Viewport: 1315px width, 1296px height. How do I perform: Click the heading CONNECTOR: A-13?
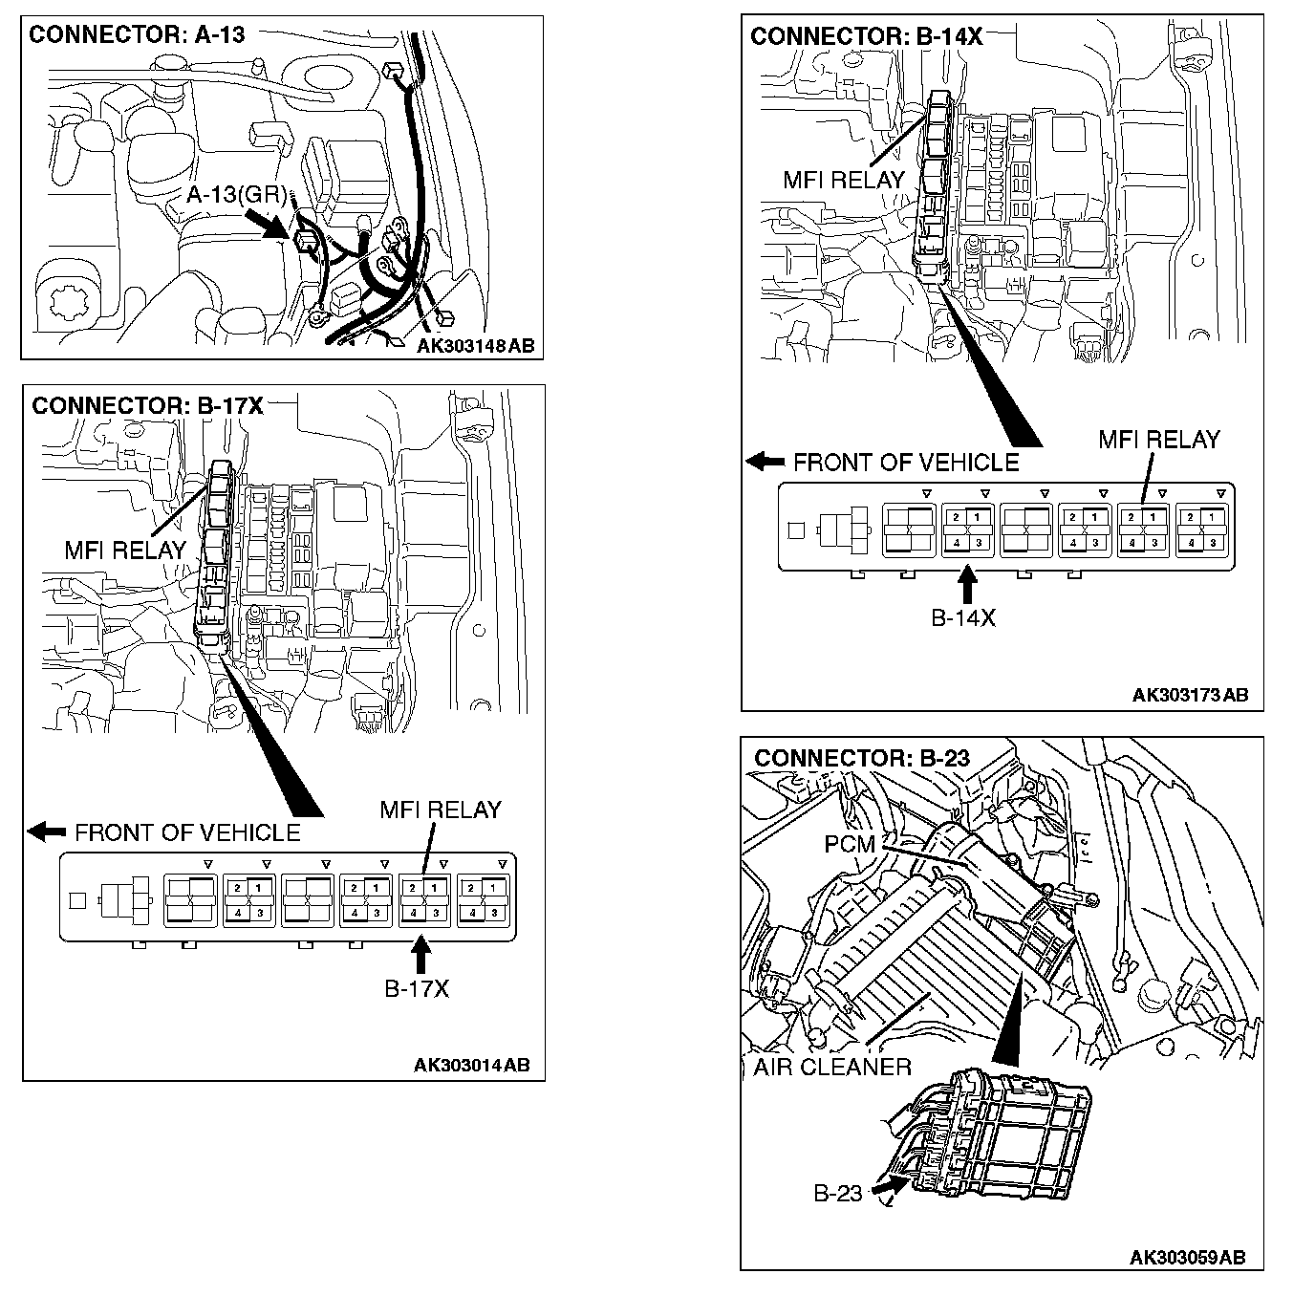pyautogui.click(x=137, y=35)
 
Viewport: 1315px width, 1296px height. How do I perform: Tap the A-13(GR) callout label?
pyautogui.click(x=236, y=195)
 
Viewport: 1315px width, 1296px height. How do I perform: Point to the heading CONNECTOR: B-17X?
pyautogui.click(x=147, y=406)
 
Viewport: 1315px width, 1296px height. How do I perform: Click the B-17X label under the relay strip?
pyautogui.click(x=416, y=989)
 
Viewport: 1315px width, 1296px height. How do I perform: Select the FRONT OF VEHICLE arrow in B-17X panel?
pyautogui.click(x=46, y=832)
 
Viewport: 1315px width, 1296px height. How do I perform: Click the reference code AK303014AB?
pyautogui.click(x=471, y=1065)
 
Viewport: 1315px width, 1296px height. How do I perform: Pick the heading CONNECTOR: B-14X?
pyautogui.click(x=866, y=36)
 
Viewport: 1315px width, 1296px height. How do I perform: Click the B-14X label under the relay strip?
pyautogui.click(x=963, y=618)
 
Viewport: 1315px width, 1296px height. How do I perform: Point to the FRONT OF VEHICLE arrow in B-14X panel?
pyautogui.click(x=765, y=463)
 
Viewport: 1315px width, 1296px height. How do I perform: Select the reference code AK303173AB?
pyautogui.click(x=1190, y=695)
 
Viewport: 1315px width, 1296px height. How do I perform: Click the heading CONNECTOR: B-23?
pyautogui.click(x=862, y=759)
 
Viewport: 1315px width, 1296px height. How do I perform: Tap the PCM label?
pyautogui.click(x=850, y=844)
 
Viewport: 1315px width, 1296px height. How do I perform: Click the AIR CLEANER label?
pyautogui.click(x=832, y=1067)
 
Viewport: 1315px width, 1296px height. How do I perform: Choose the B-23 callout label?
pyautogui.click(x=838, y=1193)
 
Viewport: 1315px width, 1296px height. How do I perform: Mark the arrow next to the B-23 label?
pyautogui.click(x=888, y=1186)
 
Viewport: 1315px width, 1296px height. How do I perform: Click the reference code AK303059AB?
pyautogui.click(x=1187, y=1257)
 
